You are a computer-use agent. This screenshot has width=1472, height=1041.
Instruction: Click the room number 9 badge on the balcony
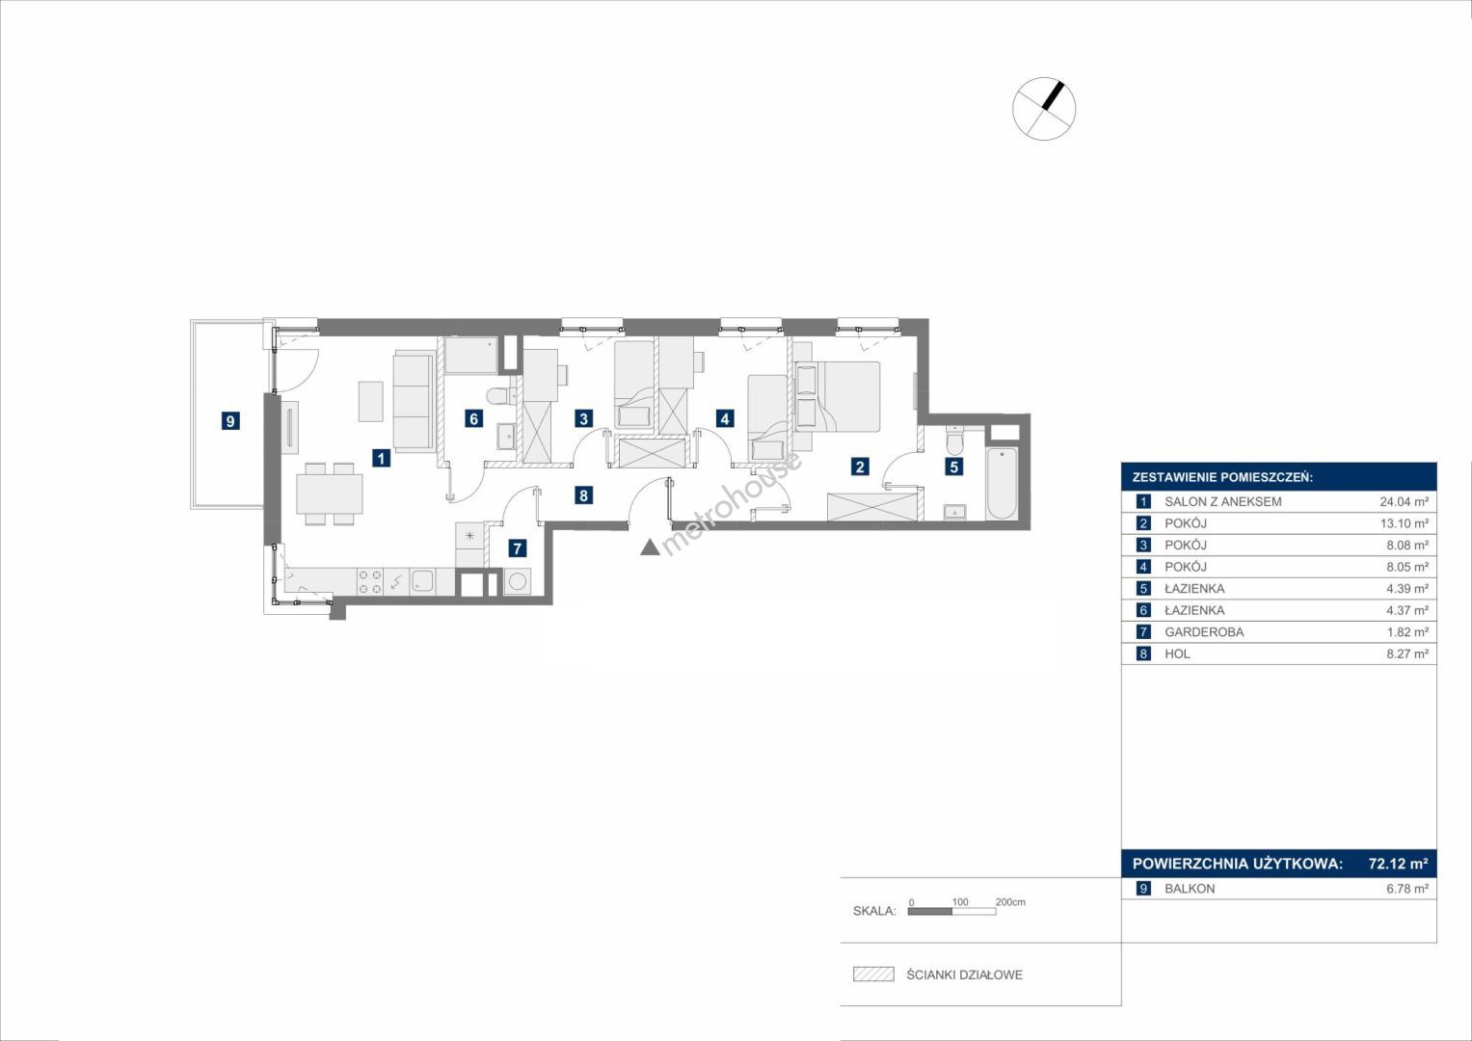pyautogui.click(x=229, y=420)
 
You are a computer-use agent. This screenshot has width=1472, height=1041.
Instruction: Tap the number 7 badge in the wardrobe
pyautogui.click(x=517, y=548)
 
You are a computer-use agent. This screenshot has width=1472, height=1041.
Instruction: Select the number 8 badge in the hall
pyautogui.click(x=583, y=495)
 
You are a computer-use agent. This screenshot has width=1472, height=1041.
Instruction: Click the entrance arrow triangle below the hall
pyautogui.click(x=650, y=547)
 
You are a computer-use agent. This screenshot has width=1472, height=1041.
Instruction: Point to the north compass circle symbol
pyautogui.click(x=1044, y=109)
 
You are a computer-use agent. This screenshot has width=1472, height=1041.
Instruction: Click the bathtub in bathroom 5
pyautogui.click(x=1003, y=483)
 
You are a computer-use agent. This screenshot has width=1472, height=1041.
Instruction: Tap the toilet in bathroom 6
pyautogui.click(x=501, y=395)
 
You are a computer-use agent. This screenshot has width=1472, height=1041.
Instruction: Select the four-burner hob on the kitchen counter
pyautogui.click(x=370, y=581)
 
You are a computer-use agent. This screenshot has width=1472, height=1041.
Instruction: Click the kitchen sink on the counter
pyautogui.click(x=422, y=581)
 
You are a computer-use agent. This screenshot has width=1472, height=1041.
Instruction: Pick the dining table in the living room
pyautogui.click(x=330, y=494)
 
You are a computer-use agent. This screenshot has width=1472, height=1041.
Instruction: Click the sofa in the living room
pyautogui.click(x=414, y=402)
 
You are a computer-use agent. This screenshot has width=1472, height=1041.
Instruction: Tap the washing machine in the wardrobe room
pyautogui.click(x=517, y=581)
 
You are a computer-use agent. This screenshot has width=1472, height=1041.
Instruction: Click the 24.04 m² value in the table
pyautogui.click(x=1404, y=501)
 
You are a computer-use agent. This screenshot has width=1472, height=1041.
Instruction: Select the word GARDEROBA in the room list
pyautogui.click(x=1204, y=632)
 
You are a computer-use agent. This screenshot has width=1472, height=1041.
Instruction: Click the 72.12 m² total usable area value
pyautogui.click(x=1398, y=863)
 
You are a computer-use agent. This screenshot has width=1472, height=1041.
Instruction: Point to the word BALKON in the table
pyautogui.click(x=1190, y=889)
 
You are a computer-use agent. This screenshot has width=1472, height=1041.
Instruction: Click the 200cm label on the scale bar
pyautogui.click(x=1010, y=901)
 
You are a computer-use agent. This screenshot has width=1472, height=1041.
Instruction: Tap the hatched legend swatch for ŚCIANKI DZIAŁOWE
pyautogui.click(x=873, y=974)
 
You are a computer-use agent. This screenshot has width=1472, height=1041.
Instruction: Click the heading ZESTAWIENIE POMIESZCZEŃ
pyautogui.click(x=1222, y=477)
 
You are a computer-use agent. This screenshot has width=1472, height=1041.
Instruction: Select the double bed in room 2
pyautogui.click(x=838, y=396)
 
